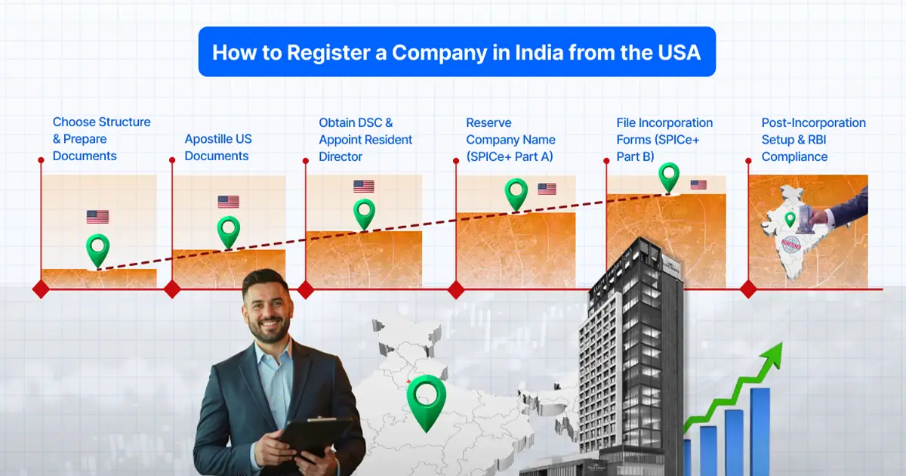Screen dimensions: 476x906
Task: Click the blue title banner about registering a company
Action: [456, 51]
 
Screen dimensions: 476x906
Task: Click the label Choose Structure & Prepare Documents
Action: [101, 139]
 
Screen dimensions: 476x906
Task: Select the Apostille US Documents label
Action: [218, 147]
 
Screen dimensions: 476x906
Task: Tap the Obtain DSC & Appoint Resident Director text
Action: [365, 140]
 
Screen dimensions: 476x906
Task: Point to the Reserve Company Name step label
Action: [510, 140]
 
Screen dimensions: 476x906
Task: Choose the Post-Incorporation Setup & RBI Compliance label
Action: [813, 140]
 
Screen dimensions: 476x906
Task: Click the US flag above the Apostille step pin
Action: [228, 202]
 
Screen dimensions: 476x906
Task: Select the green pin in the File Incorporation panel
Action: [669, 177]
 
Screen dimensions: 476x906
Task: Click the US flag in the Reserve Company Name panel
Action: [547, 189]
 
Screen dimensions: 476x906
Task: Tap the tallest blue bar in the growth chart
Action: [760, 431]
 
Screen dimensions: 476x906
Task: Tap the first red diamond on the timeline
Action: [41, 289]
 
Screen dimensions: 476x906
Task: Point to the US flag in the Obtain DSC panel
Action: [364, 187]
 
